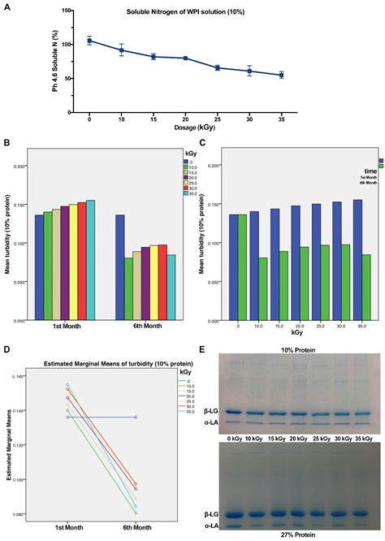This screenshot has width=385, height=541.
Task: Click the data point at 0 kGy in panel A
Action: [x=90, y=40]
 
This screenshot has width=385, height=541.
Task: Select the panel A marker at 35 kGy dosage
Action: [x=281, y=75]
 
